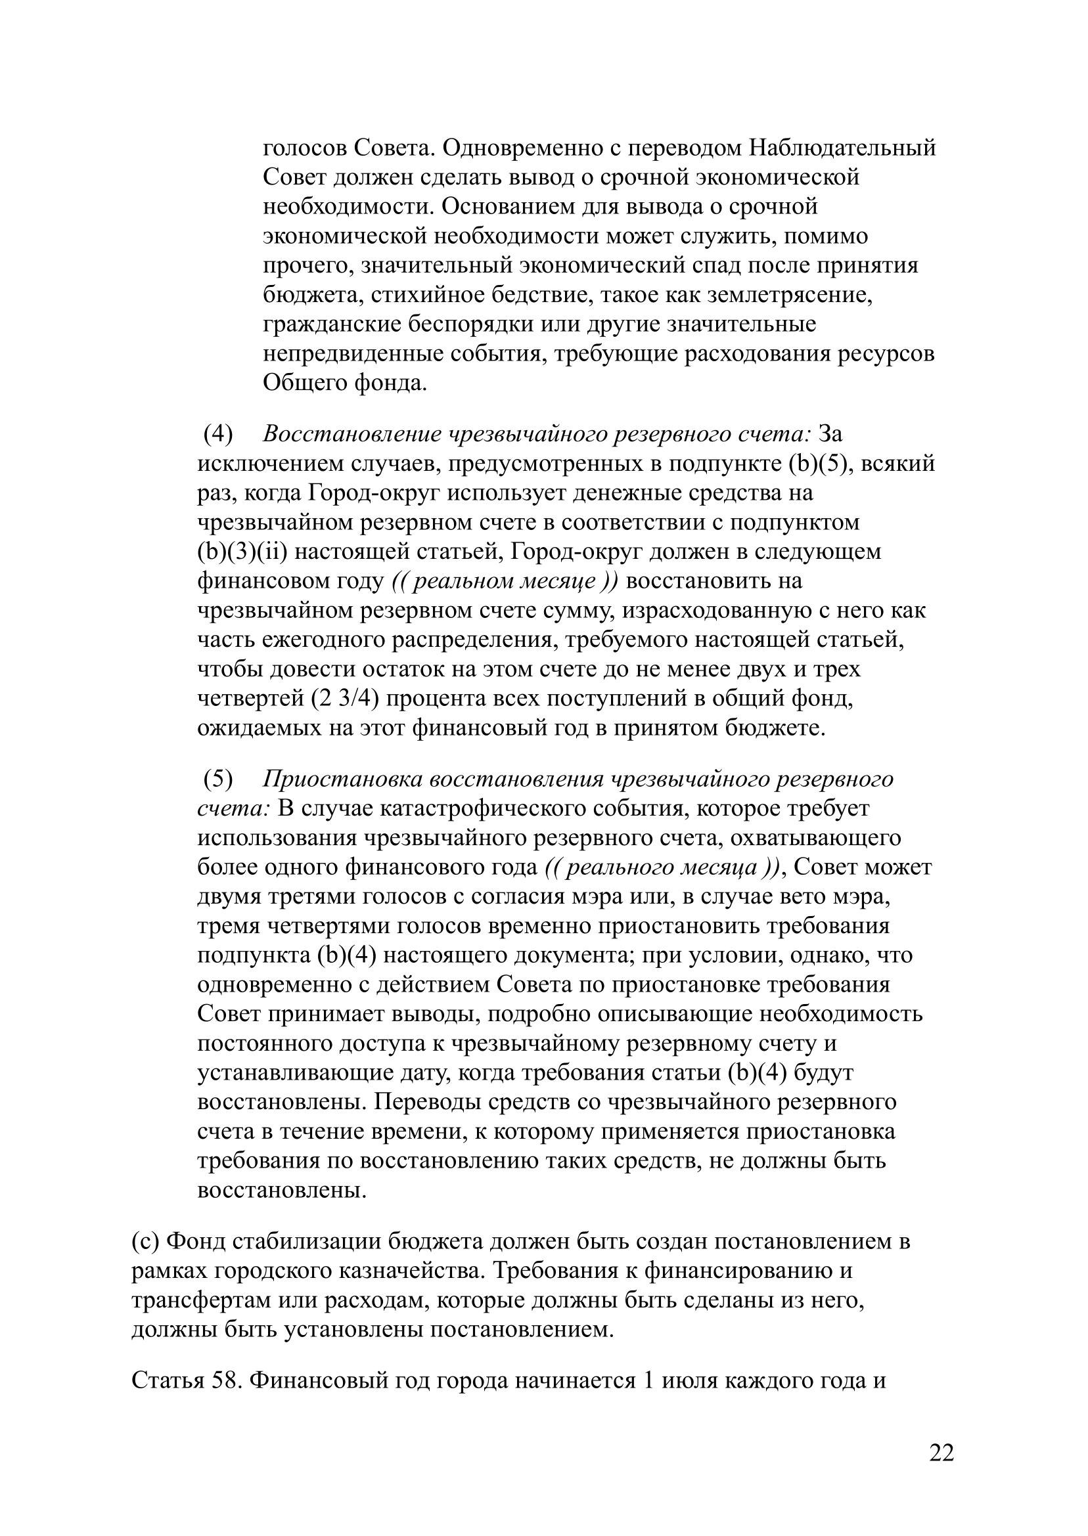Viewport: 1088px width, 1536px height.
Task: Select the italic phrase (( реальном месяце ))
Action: click(505, 581)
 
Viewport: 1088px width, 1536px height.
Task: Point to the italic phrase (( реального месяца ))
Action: click(661, 867)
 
